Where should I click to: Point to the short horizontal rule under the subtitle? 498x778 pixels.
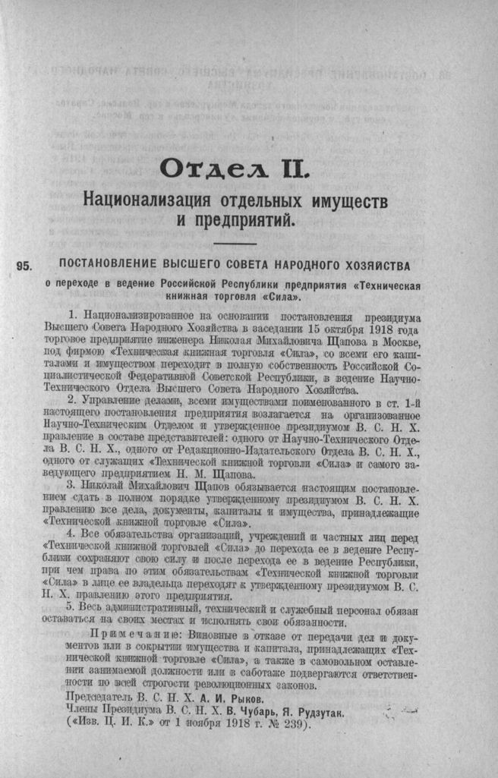[x=235, y=244]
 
